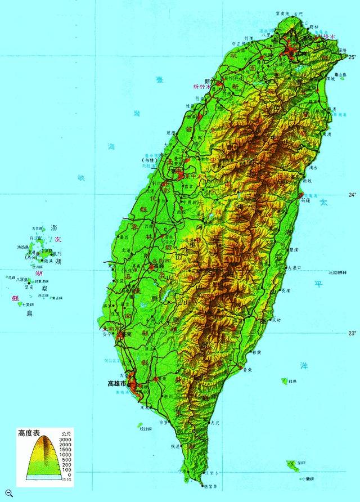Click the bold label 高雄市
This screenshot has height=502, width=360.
click(117, 384)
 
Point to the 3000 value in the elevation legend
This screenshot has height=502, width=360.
click(66, 440)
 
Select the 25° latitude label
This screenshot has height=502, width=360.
click(352, 57)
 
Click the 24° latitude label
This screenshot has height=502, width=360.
click(352, 195)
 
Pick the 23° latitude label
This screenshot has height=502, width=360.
click(352, 333)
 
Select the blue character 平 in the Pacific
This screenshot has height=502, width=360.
click(318, 284)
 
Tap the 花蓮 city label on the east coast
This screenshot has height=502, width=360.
click(306, 200)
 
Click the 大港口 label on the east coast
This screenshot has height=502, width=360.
click(295, 267)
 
